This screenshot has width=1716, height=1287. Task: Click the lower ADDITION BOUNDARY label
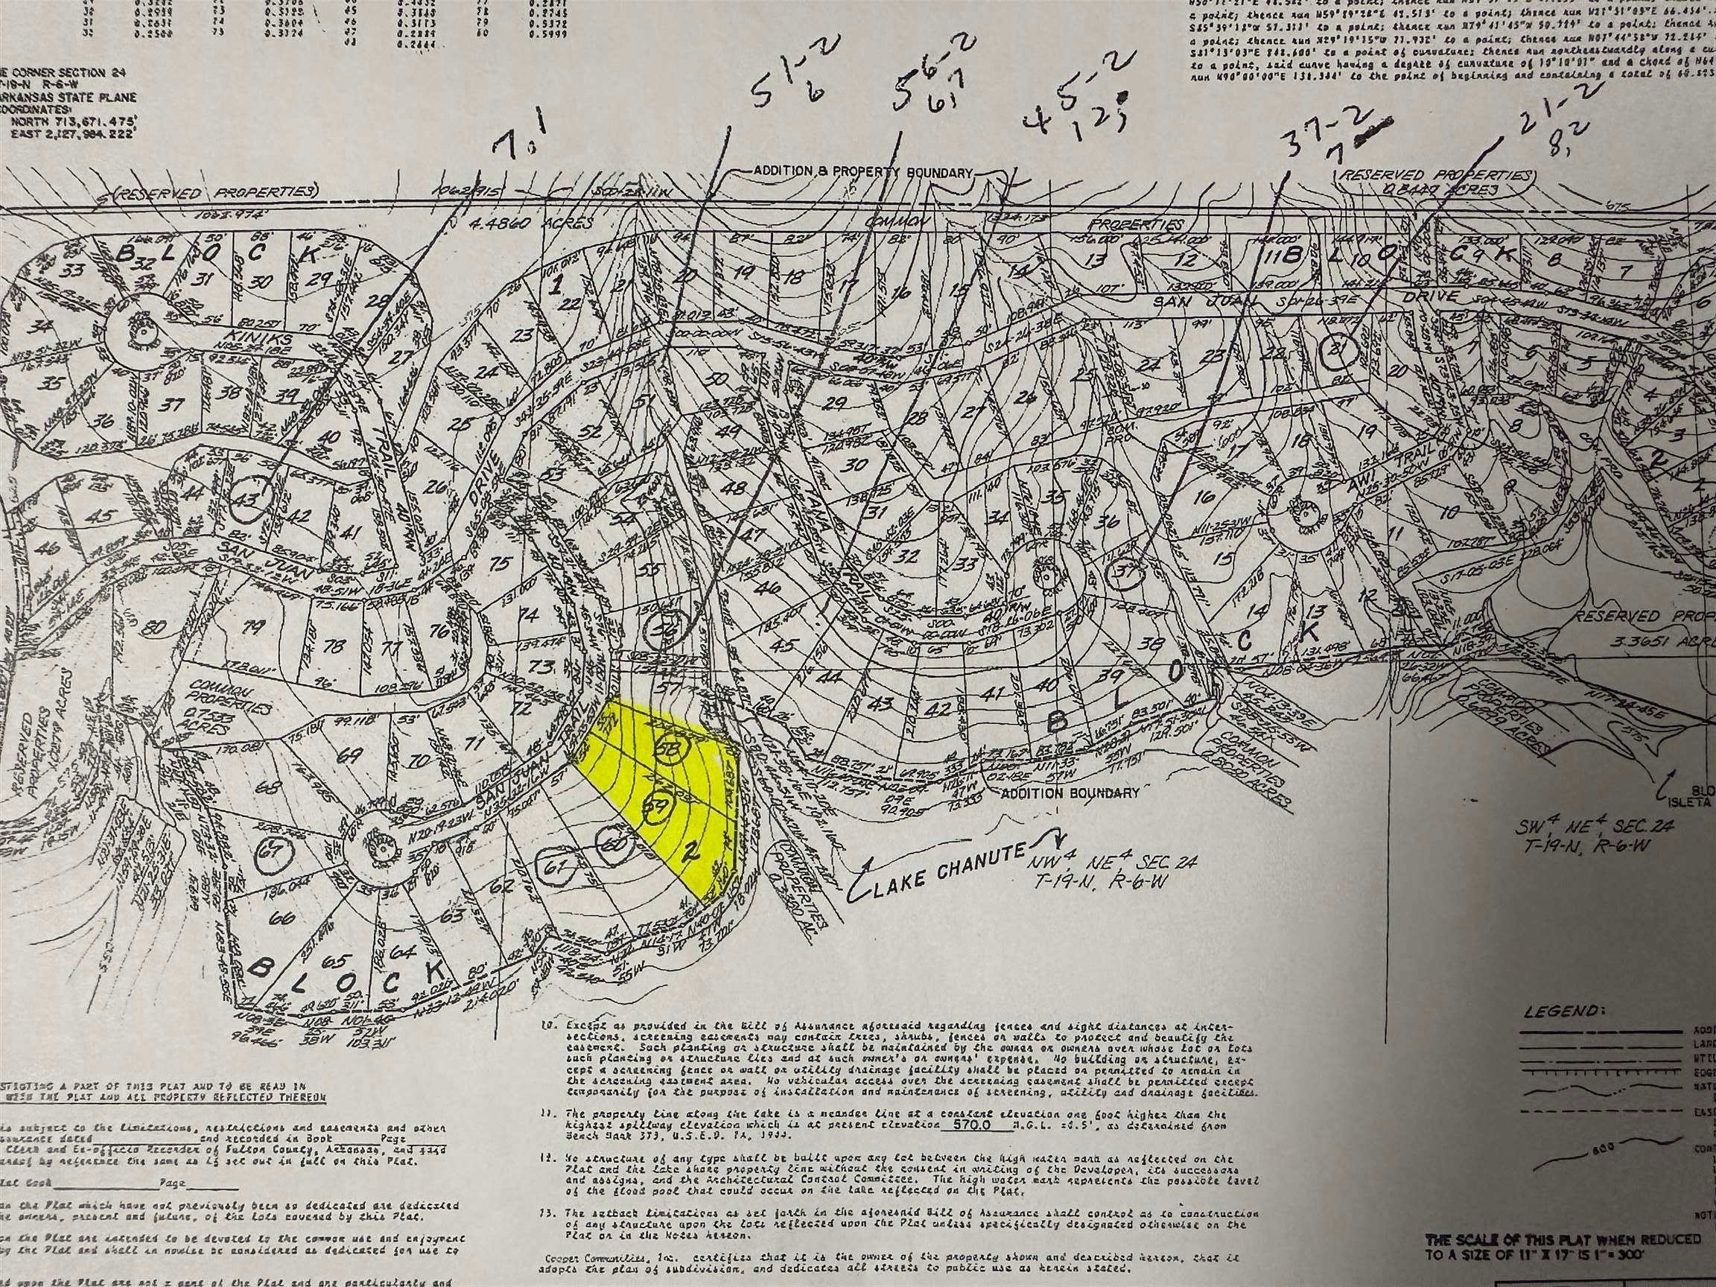point(1070,792)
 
